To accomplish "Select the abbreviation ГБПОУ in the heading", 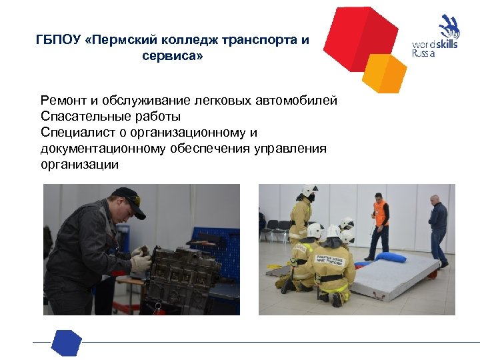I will pos(59,40).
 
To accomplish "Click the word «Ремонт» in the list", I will pos(61,101).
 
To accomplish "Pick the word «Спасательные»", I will pos(79,117).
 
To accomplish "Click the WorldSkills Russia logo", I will pos(437,37).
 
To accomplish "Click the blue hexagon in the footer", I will pos(67,342).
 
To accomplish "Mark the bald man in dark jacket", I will pos(438,227).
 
